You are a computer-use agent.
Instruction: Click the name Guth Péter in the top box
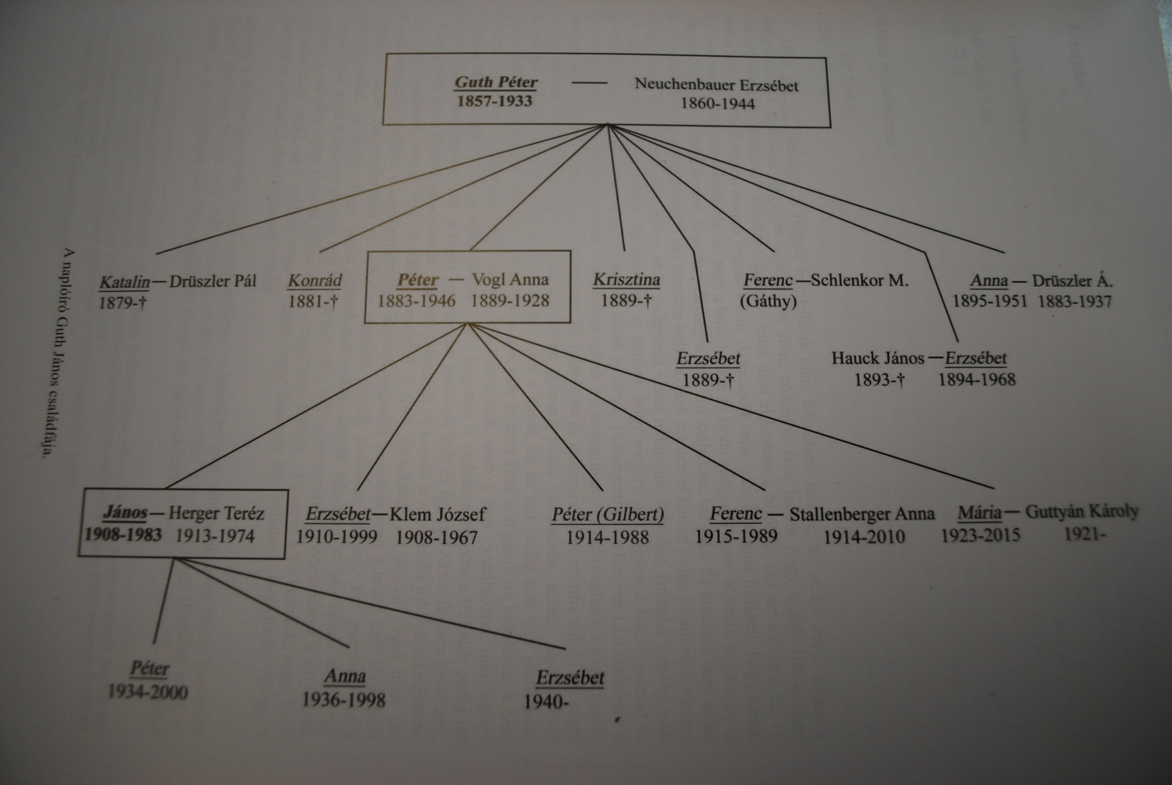click(x=496, y=82)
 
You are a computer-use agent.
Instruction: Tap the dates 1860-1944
click(x=717, y=104)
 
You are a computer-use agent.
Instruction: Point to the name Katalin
click(x=124, y=282)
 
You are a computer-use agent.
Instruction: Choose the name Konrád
click(x=314, y=280)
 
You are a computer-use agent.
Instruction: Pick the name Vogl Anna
click(x=510, y=279)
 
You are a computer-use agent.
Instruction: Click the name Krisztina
click(x=626, y=279)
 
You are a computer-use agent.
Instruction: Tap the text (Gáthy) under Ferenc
click(x=768, y=301)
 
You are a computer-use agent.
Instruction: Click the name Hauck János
click(x=877, y=359)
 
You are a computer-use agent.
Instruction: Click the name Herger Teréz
click(x=216, y=513)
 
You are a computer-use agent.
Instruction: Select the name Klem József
click(x=438, y=514)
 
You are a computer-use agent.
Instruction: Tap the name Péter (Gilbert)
click(x=608, y=514)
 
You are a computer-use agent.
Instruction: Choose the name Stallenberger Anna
click(x=862, y=514)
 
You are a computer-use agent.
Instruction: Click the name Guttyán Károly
click(x=1081, y=512)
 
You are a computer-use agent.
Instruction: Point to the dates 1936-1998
click(x=344, y=700)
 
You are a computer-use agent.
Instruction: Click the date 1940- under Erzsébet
click(x=546, y=702)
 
